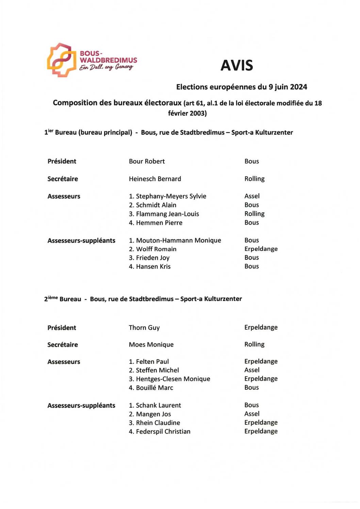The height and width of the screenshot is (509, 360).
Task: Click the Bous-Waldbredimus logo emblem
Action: pyautogui.click(x=62, y=60)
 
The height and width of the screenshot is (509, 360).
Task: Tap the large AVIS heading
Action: pyautogui.click(x=237, y=66)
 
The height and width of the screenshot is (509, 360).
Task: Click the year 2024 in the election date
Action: pyautogui.click(x=298, y=87)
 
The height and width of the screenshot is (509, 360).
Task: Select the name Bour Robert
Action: pyautogui.click(x=147, y=162)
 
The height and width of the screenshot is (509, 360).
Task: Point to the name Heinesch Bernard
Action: pyautogui.click(x=155, y=179)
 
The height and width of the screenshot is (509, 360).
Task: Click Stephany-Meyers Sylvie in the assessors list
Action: pyautogui.click(x=171, y=196)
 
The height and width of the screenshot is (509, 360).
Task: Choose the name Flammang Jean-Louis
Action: pyautogui.click(x=167, y=214)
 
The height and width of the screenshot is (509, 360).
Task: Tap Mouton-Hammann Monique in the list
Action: pyautogui.click(x=178, y=240)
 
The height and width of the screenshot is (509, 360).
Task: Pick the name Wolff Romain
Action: pyautogui.click(x=156, y=249)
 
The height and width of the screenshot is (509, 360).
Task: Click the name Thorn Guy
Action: pyautogui.click(x=144, y=328)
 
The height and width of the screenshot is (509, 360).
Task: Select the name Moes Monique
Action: pyautogui.click(x=151, y=345)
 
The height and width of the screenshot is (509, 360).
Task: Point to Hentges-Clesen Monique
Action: pyautogui.click(x=173, y=379)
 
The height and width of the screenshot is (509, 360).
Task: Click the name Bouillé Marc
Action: pyautogui.click(x=154, y=388)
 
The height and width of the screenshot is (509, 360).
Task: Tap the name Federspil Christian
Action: pyautogui.click(x=163, y=431)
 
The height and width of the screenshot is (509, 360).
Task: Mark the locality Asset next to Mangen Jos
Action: pyautogui.click(x=252, y=414)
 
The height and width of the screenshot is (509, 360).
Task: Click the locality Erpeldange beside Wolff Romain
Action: pyautogui.click(x=261, y=249)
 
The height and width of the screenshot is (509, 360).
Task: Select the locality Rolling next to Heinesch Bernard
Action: pyautogui.click(x=255, y=179)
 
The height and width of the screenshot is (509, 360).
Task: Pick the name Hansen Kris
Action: pyautogui.click(x=153, y=267)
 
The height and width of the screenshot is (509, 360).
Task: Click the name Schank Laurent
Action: pyautogui.click(x=158, y=405)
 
